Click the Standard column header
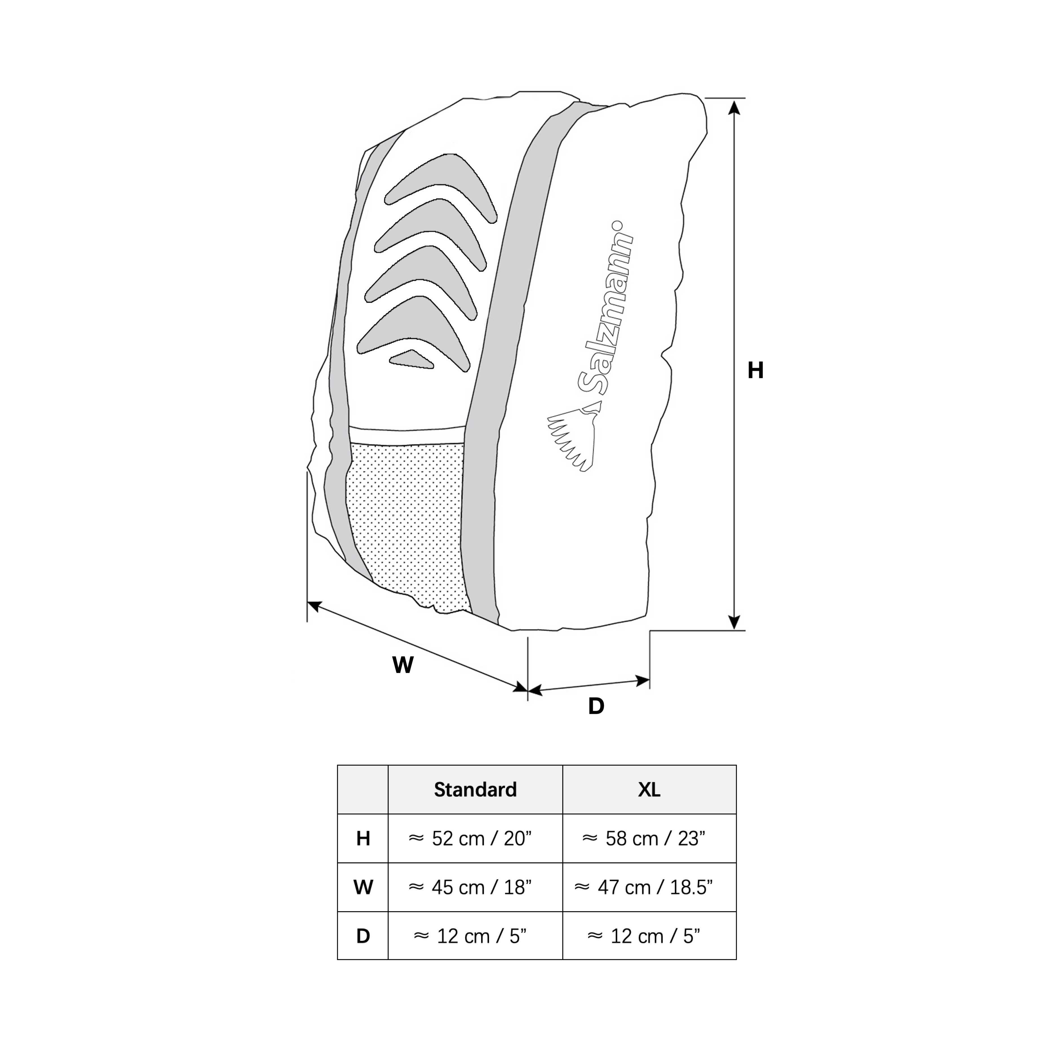click(475, 790)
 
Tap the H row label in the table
click(363, 838)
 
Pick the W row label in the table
click(363, 887)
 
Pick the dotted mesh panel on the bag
click(408, 525)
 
